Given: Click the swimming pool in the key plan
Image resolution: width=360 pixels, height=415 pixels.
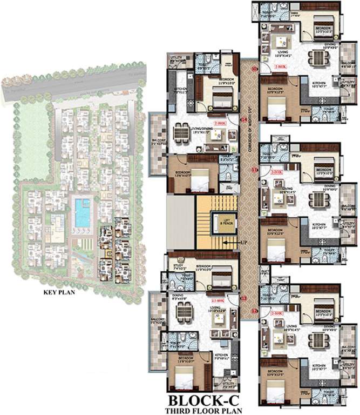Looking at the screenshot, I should click(83, 212).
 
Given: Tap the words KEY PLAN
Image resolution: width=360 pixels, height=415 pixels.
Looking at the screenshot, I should click(58, 294).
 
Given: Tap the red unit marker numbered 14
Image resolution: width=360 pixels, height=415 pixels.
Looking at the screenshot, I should click(243, 119).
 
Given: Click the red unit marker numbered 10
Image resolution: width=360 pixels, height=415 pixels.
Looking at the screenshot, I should click(254, 69).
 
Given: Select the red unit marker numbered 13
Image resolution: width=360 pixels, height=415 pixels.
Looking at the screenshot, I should click(243, 298).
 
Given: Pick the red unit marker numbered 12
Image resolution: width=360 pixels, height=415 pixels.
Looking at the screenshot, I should click(254, 311).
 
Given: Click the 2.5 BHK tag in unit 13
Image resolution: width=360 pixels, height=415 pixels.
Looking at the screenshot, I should click(218, 300).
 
